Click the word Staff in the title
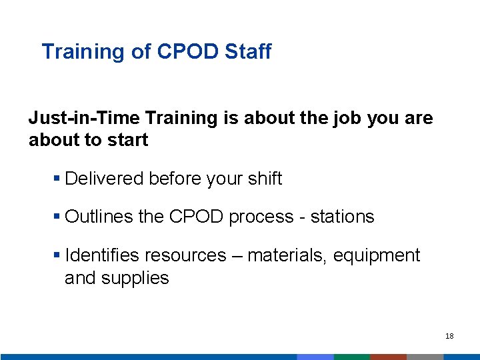(x=248, y=51)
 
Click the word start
(x=126, y=140)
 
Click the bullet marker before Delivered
(x=57, y=179)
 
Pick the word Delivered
(x=105, y=179)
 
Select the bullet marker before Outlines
(x=57, y=217)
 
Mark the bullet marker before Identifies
(x=57, y=255)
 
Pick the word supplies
(x=135, y=278)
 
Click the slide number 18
(x=449, y=337)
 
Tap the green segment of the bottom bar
(x=351, y=357)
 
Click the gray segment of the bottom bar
(x=425, y=357)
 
